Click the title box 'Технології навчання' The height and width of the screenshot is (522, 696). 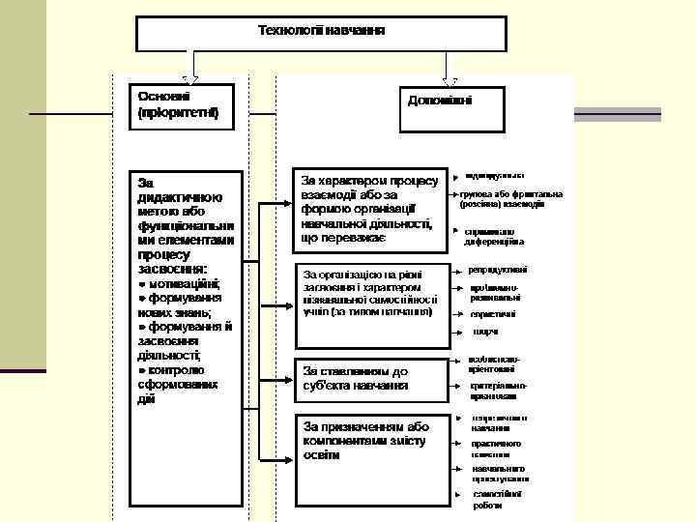click(x=321, y=32)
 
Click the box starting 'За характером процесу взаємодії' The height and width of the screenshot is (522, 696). click(x=369, y=209)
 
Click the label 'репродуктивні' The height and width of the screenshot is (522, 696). click(x=498, y=270)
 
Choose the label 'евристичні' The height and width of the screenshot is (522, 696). click(x=493, y=314)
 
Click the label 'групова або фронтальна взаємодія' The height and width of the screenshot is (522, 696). click(x=510, y=199)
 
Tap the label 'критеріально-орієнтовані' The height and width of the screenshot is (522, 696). click(x=494, y=390)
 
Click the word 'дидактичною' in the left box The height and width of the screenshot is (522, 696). click(x=180, y=196)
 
